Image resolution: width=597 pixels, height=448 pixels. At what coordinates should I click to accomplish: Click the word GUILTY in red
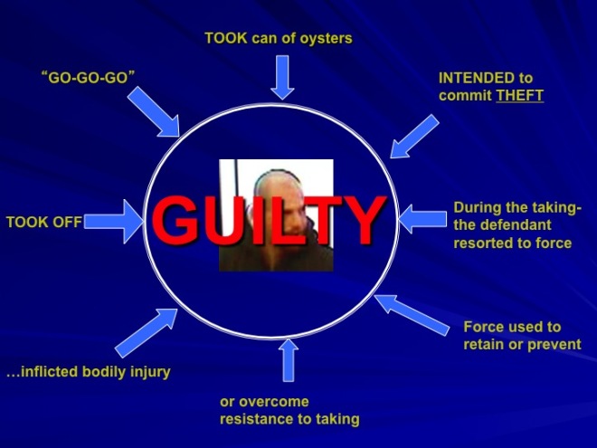point(267,220)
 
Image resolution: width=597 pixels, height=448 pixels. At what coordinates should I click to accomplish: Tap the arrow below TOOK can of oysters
point(284,77)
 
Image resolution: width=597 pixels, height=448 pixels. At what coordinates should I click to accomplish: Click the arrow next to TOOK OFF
point(116,222)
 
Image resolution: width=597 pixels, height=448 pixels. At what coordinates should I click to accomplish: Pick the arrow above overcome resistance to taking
point(289,360)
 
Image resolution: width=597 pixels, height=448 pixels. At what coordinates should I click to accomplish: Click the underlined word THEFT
point(519,95)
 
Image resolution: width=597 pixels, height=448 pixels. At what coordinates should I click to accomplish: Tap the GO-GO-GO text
point(88,78)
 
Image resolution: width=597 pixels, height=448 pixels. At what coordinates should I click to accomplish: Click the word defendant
point(520,226)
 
